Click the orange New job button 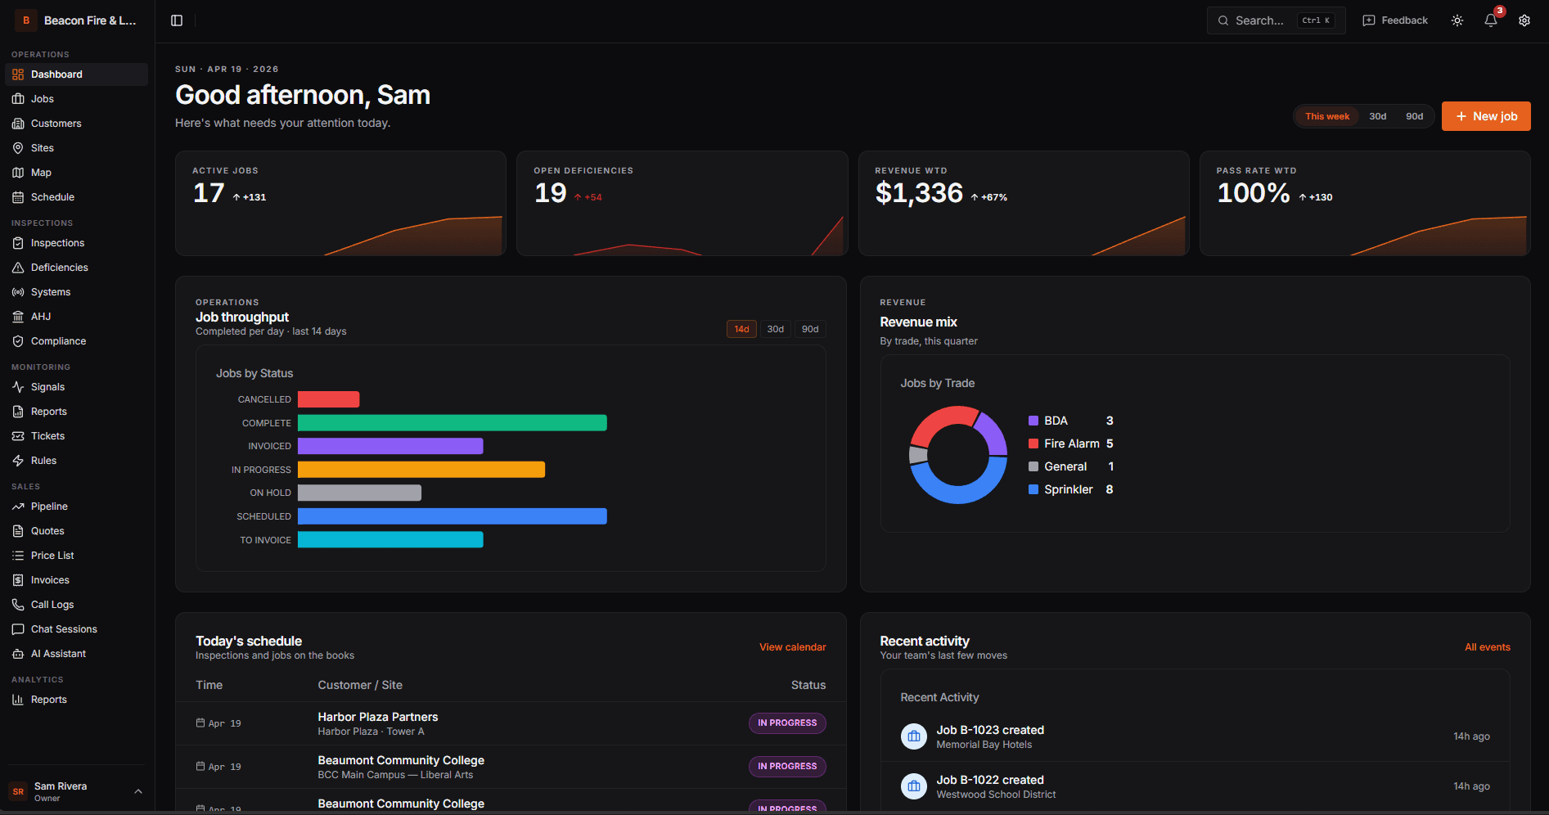[1485, 116]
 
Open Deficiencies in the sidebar [59, 268]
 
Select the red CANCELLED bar [328, 399]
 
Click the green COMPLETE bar [452, 423]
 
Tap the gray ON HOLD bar [359, 493]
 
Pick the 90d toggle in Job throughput [809, 329]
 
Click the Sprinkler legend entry [1068, 489]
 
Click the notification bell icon [1490, 20]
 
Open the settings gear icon [1524, 20]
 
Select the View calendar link [792, 647]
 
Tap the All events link [1487, 647]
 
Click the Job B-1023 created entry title [990, 730]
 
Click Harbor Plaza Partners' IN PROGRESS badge [786, 723]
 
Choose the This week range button [1326, 116]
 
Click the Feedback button [1395, 20]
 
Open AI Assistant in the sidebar [58, 654]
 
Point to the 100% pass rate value [1253, 193]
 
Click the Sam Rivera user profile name [61, 786]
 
